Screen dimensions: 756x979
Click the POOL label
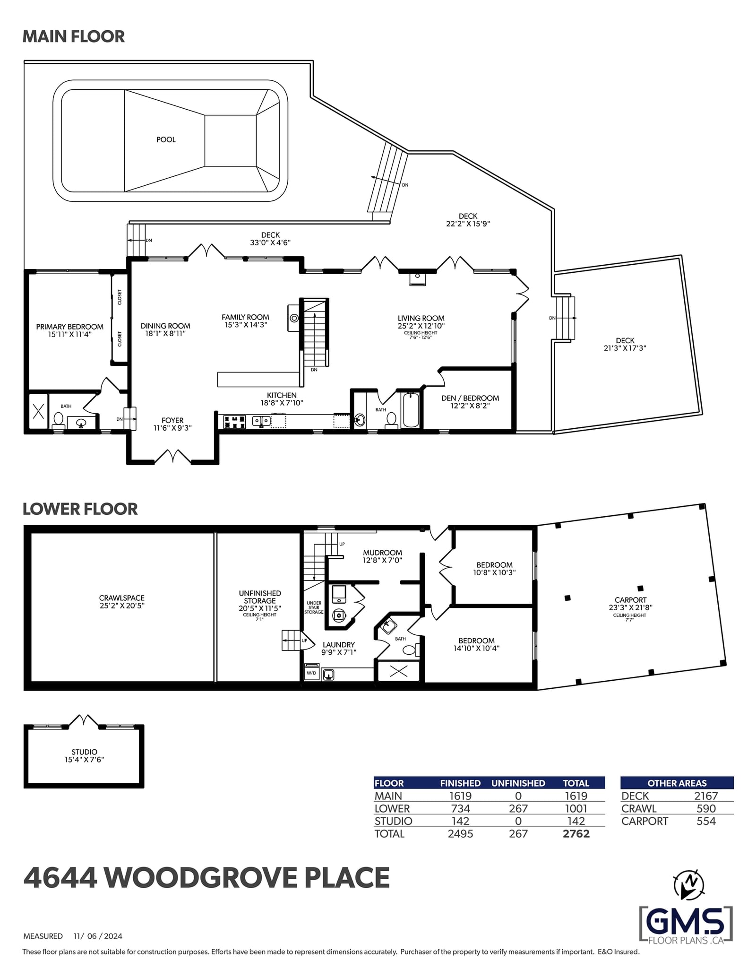pos(166,139)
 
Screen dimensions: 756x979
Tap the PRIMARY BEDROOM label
pos(70,327)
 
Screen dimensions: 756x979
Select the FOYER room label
pos(172,420)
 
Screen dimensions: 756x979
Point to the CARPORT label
pos(630,600)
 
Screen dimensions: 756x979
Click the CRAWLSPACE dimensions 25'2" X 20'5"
pos(122,606)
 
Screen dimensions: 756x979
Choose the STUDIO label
pos(85,752)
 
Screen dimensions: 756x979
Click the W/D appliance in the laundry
pos(311,672)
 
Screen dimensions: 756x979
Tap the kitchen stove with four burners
pos(234,421)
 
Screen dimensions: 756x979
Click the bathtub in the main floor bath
pos(411,409)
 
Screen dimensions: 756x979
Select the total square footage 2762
pos(576,833)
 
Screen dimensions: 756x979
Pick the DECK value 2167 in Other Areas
pos(706,796)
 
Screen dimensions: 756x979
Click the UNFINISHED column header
pos(518,783)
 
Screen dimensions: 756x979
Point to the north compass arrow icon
pos(689,884)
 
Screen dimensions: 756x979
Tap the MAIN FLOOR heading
pos(74,36)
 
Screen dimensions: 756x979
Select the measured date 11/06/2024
pos(98,936)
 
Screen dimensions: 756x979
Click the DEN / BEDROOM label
pos(470,398)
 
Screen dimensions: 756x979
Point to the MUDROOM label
pos(383,553)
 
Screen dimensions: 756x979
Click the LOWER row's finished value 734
pos(460,809)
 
